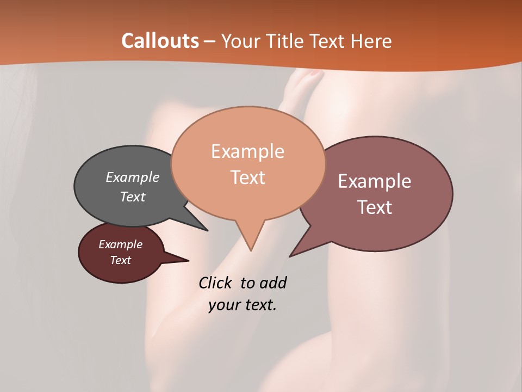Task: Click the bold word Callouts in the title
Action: [160, 41]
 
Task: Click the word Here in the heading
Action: [371, 41]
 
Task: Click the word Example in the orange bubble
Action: [247, 151]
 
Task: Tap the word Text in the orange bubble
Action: [247, 177]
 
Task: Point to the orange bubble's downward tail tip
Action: [251, 250]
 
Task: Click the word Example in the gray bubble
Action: [133, 177]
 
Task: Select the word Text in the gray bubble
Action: [133, 197]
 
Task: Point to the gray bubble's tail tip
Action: [207, 230]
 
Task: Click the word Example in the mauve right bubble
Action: [375, 181]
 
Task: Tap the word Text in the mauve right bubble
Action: [375, 207]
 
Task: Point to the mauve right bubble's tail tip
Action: [290, 256]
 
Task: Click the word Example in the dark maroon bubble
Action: [120, 244]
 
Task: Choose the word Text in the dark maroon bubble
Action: [120, 260]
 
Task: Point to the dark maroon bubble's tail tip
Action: [188, 260]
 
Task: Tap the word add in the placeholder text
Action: [272, 283]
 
